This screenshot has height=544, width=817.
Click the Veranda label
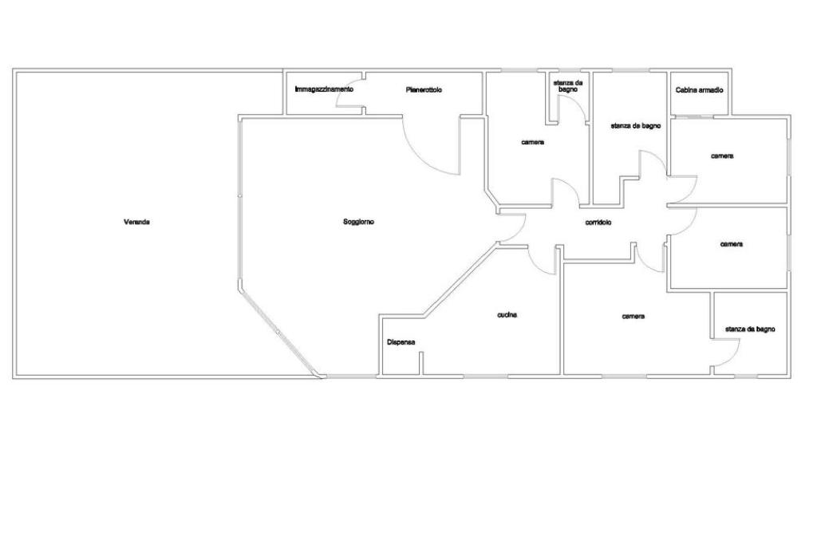pos(136,222)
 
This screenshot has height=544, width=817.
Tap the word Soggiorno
pos(358,222)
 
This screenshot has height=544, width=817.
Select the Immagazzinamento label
pos(324,89)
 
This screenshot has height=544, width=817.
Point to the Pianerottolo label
pos(424,90)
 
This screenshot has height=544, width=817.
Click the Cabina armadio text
pos(699,90)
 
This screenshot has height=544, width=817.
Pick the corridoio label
pos(598,223)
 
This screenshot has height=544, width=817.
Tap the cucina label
pos(507,315)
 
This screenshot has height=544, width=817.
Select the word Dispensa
pos(401,342)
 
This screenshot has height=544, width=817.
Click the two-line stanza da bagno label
pos(568,86)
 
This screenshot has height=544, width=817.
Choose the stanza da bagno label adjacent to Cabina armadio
pos(635,126)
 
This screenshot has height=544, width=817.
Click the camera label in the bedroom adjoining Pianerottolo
pos(533,142)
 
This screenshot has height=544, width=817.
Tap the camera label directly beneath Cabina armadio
pos(722,156)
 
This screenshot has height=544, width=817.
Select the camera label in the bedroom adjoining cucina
pos(633,317)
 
